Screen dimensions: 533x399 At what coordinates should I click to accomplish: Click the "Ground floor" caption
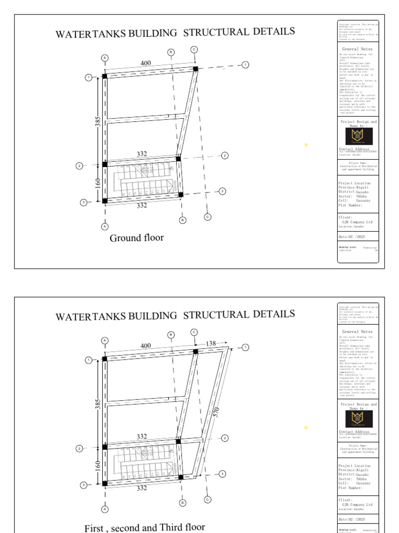coord(137,238)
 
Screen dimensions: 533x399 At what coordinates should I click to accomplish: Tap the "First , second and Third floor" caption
coord(144,527)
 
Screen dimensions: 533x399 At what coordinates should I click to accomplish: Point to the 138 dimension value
coord(211,344)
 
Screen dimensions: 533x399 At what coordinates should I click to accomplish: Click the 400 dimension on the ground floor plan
coord(145,63)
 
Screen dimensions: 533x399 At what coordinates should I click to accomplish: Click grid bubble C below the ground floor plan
coord(208,217)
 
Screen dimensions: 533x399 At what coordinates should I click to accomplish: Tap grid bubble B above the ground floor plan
coord(171,52)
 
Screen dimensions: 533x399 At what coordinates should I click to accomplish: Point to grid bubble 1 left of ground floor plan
coord(88,78)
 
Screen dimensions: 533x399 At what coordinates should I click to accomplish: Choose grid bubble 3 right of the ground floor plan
coord(222,191)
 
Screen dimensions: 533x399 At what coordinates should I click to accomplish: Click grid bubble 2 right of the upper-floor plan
coord(225,438)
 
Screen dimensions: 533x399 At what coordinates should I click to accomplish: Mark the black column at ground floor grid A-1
coord(104,76)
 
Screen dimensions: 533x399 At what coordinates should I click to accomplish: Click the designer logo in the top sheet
coord(358,136)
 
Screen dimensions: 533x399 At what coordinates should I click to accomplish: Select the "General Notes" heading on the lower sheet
coord(357,332)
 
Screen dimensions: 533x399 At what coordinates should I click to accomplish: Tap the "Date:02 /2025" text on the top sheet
coord(352,236)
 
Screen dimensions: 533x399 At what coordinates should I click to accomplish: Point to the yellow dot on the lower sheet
coord(306,427)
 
